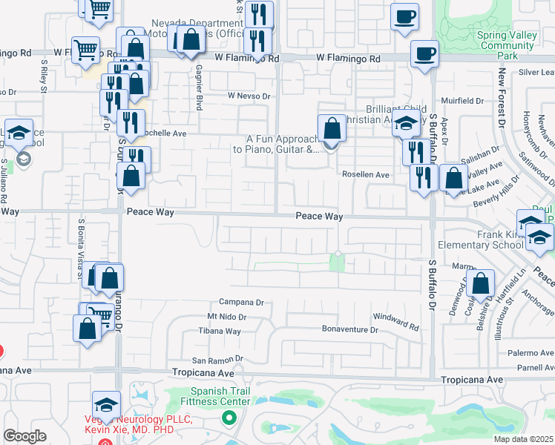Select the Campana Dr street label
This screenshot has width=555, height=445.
coord(241,303)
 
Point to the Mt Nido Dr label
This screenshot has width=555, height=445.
coord(226,317)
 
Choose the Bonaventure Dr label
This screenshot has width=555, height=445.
coord(349,329)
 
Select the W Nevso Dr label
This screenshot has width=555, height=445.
coord(249,96)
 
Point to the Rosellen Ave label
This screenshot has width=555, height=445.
coord(365,175)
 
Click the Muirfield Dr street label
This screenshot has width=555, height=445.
coord(464,101)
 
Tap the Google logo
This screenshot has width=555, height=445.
coord(24,436)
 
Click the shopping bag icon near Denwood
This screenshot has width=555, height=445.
coord(481,284)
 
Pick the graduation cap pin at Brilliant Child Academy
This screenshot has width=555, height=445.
coord(407,124)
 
